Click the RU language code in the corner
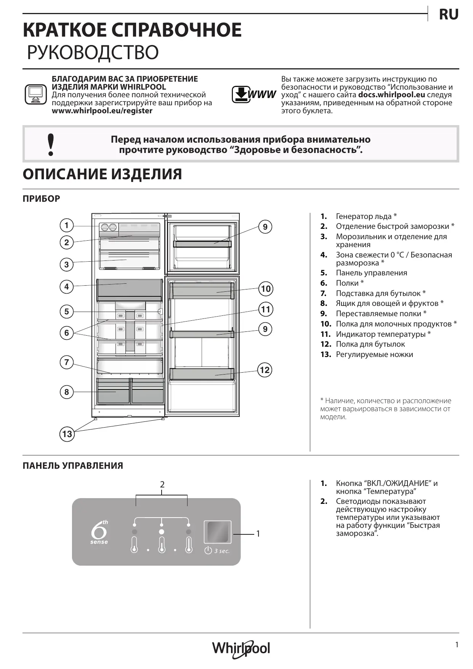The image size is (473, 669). point(449,14)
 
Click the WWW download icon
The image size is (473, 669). point(253,95)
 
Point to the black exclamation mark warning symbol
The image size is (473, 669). point(51,145)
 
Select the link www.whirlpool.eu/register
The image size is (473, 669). point(102,111)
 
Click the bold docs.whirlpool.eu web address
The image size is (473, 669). point(391,95)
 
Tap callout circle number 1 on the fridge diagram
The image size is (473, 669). point(67,225)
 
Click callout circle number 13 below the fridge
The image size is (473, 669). point(67,434)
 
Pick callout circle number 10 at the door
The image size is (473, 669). point(266,289)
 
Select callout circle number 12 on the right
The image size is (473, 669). point(265,370)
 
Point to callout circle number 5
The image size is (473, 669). point(67,312)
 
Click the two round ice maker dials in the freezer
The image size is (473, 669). point(109,227)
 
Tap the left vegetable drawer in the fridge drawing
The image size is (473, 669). point(113,392)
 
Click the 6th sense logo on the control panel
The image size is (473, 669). point(99,532)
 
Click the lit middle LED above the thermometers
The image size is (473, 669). point(162,531)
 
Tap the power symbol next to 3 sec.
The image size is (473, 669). point(208,550)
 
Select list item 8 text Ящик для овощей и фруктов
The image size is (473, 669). point(389,304)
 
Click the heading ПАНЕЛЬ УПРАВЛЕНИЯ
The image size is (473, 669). point(73,466)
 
